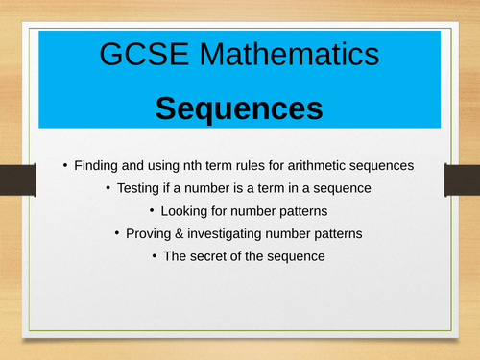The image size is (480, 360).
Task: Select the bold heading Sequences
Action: [x=239, y=108]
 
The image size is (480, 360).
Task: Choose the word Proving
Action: [x=154, y=233]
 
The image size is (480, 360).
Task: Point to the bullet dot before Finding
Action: [x=66, y=165]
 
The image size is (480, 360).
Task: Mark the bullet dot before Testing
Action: [x=108, y=188]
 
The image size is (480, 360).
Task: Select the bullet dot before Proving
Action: [x=117, y=233]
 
